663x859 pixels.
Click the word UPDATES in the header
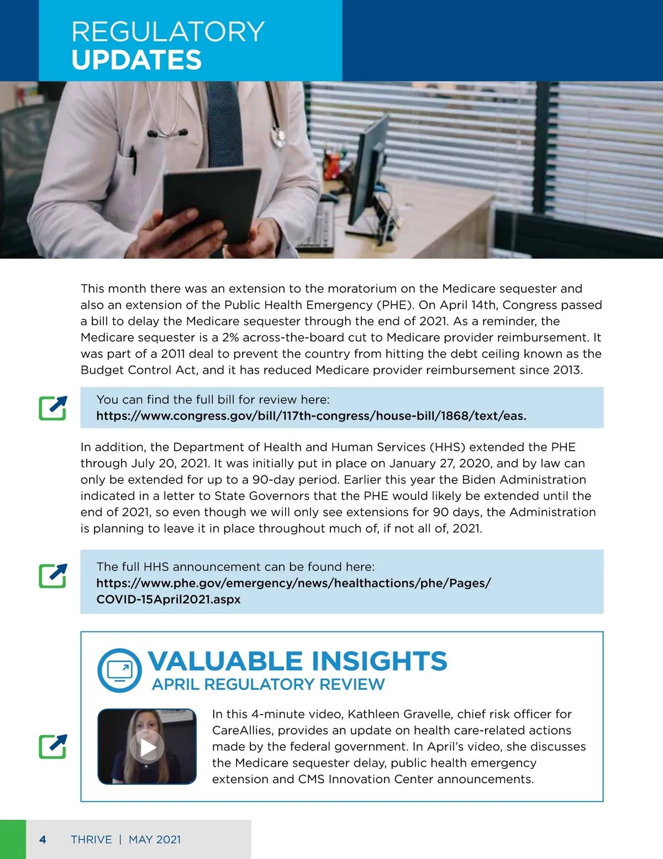click(x=136, y=60)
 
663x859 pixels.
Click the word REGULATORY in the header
click(x=168, y=32)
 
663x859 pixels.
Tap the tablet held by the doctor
click(x=211, y=205)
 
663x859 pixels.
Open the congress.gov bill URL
click(x=311, y=416)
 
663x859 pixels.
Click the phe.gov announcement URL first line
click(x=293, y=583)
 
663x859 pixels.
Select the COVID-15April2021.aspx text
click(x=169, y=600)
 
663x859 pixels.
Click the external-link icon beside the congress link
click(x=53, y=408)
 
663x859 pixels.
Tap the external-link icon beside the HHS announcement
click(x=53, y=575)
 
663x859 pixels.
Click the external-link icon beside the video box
click(x=53, y=746)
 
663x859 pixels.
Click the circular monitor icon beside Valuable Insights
click(x=119, y=670)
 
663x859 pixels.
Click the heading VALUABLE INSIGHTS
click(x=297, y=661)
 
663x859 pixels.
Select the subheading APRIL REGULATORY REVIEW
click(x=268, y=685)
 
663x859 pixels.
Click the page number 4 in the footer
click(x=43, y=840)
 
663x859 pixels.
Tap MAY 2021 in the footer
click(x=155, y=840)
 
